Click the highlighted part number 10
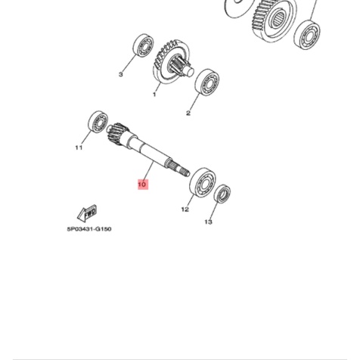pyautogui.click(x=141, y=184)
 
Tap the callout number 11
pyautogui.click(x=78, y=148)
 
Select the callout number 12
pyautogui.click(x=185, y=209)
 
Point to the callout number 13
pyautogui.click(x=209, y=222)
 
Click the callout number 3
pyautogui.click(x=120, y=74)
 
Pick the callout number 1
pyautogui.click(x=154, y=95)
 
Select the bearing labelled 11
pyautogui.click(x=97, y=122)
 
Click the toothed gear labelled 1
pyautogui.click(x=169, y=60)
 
